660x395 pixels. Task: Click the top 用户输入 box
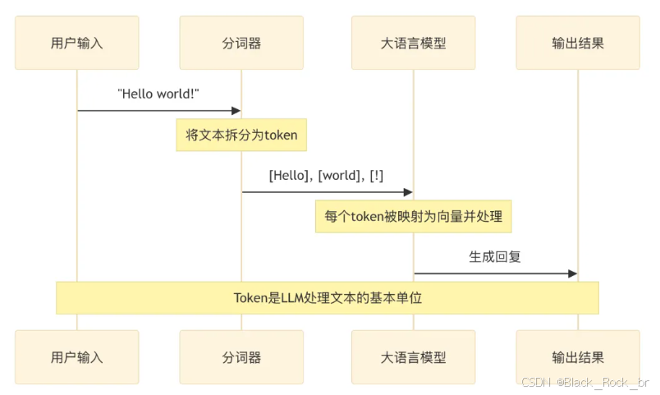(x=77, y=43)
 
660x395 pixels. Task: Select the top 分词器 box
(x=241, y=43)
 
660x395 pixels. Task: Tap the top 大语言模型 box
(x=413, y=43)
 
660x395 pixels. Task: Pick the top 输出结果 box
(x=578, y=43)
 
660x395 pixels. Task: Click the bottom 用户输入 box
(x=77, y=357)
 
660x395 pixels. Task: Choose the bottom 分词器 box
(x=241, y=357)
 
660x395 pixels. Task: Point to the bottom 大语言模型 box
(x=413, y=357)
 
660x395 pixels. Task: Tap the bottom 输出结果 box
(x=578, y=357)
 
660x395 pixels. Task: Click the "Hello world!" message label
(x=159, y=94)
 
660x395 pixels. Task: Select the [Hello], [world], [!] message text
(x=326, y=175)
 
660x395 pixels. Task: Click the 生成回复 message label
(x=495, y=256)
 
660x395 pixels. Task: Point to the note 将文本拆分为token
(x=241, y=135)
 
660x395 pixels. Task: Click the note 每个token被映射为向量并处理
(x=413, y=216)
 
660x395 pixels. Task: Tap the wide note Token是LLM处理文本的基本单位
(x=328, y=297)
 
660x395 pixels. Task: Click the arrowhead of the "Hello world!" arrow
(x=236, y=110)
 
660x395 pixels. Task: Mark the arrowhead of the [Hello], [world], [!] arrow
(x=407, y=191)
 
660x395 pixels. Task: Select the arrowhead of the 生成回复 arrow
(x=572, y=273)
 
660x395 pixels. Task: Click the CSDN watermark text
(x=584, y=383)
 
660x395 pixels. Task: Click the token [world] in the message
(x=337, y=175)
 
